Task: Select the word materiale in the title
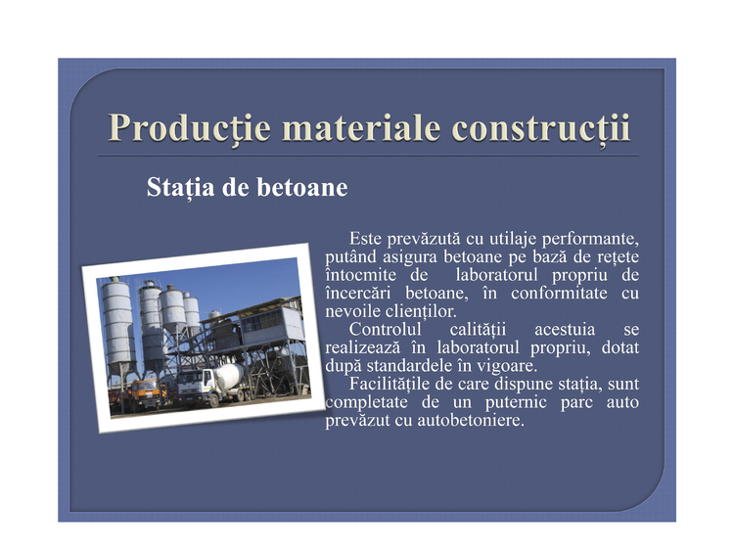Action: (361, 128)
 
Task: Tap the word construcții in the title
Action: (541, 128)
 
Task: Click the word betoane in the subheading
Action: (302, 187)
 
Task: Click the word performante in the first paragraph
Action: (590, 239)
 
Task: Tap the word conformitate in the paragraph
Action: (559, 294)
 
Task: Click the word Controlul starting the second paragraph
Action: (385, 330)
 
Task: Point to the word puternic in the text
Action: (516, 402)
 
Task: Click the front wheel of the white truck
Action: (214, 400)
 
